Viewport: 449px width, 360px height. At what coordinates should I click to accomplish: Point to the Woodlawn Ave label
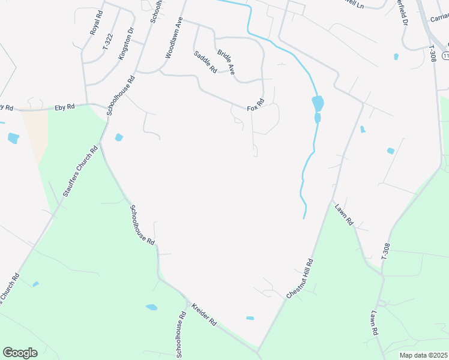pyautogui.click(x=173, y=37)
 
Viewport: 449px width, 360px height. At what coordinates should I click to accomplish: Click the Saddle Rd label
pyautogui.click(x=205, y=62)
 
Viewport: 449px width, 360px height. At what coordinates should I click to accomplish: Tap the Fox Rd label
pyautogui.click(x=256, y=104)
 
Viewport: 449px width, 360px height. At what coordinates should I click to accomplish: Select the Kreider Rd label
pyautogui.click(x=204, y=314)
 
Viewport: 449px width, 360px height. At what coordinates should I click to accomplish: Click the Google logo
pyautogui.click(x=20, y=353)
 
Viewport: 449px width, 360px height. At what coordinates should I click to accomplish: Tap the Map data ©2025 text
pyautogui.click(x=423, y=355)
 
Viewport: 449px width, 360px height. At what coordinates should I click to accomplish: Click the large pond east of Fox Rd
pyautogui.click(x=318, y=103)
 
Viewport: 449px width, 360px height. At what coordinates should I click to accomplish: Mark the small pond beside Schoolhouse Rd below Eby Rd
pyautogui.click(x=119, y=137)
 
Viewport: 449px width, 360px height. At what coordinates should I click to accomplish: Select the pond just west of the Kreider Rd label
pyautogui.click(x=151, y=308)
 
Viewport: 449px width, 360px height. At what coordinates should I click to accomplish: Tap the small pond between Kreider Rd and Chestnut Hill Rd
pyautogui.click(x=250, y=318)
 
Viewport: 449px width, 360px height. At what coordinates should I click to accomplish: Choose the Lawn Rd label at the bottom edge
pyautogui.click(x=374, y=323)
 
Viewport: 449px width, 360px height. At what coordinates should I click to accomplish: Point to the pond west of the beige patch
pyautogui.click(x=13, y=138)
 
